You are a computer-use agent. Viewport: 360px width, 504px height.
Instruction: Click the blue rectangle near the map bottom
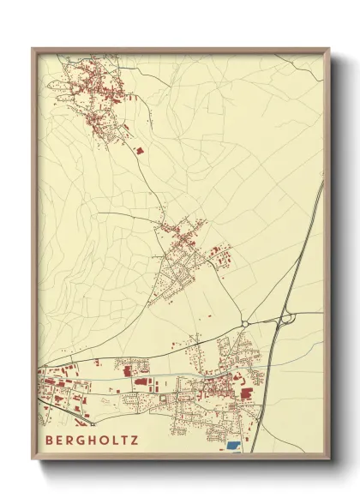(x=233, y=446)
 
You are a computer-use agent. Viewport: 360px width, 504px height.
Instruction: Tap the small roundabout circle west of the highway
(x=245, y=322)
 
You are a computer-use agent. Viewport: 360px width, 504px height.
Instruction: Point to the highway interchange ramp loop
(x=285, y=319)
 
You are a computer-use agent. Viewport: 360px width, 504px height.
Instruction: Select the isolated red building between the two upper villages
(x=140, y=150)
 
